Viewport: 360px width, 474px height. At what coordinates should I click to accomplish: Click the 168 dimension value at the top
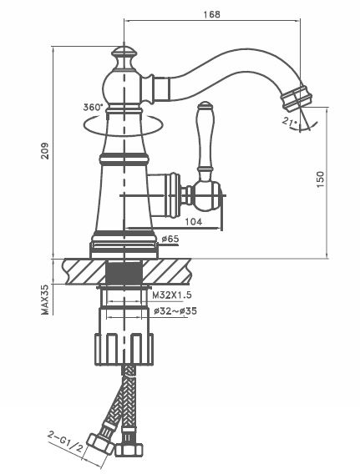pyautogui.click(x=212, y=14)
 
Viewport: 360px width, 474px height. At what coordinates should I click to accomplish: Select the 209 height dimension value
pyautogui.click(x=45, y=151)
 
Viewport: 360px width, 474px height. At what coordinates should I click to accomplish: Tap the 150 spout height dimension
pyautogui.click(x=321, y=179)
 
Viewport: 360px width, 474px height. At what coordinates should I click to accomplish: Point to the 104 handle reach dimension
pyautogui.click(x=193, y=222)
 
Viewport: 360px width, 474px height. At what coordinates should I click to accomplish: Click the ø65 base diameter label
pyautogui.click(x=170, y=239)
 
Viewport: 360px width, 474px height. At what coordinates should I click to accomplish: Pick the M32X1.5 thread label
pyautogui.click(x=172, y=295)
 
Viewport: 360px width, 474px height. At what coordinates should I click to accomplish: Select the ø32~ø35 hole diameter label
pyautogui.click(x=175, y=310)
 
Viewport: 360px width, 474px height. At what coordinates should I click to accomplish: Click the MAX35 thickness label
pyautogui.click(x=45, y=300)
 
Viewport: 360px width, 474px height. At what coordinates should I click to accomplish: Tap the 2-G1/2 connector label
pyautogui.click(x=65, y=442)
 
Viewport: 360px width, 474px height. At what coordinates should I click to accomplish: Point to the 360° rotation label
pyautogui.click(x=94, y=107)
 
